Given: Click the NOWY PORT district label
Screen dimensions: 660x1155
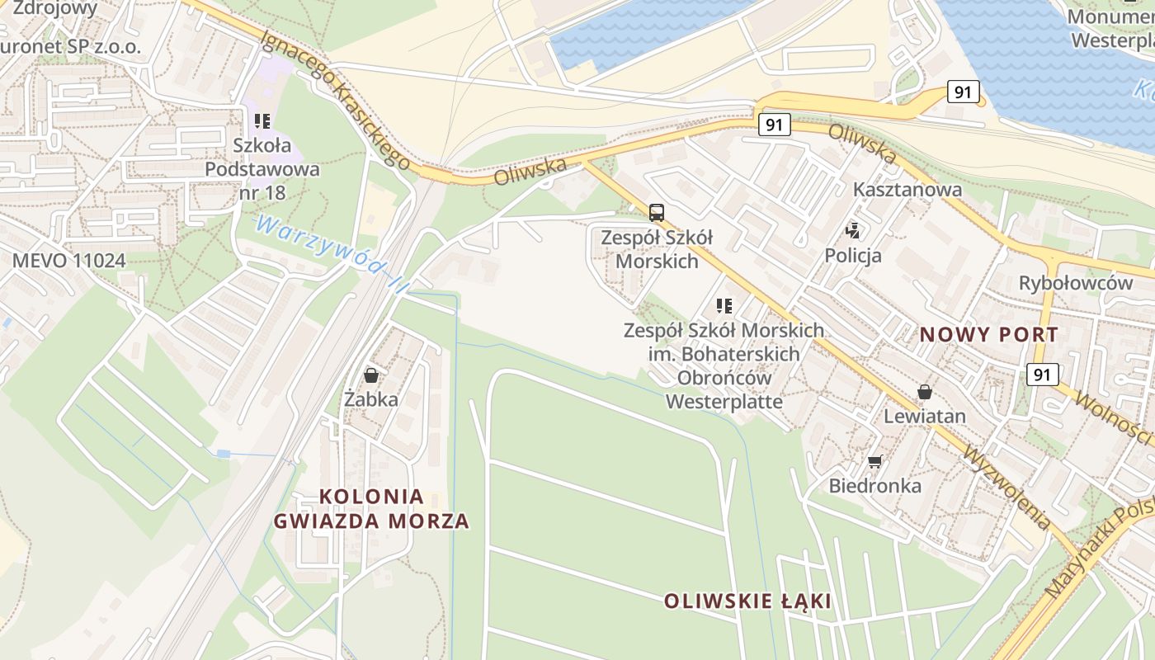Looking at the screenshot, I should pyautogui.click(x=988, y=335).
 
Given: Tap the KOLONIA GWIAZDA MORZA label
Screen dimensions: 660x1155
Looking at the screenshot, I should pyautogui.click(x=371, y=509).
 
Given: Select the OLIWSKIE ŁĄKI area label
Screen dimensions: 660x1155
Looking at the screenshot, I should pyautogui.click(x=747, y=601).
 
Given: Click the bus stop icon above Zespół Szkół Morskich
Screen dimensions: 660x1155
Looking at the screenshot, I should pyautogui.click(x=657, y=213).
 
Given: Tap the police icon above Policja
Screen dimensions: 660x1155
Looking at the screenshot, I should pyautogui.click(x=853, y=231).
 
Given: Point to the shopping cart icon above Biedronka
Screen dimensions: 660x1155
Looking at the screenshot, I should pyautogui.click(x=874, y=461).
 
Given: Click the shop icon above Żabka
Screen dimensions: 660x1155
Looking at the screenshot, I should pyautogui.click(x=371, y=375).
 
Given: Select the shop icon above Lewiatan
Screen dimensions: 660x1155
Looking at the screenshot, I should pyautogui.click(x=924, y=391).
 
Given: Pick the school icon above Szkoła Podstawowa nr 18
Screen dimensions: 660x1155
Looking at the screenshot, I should pyautogui.click(x=262, y=121).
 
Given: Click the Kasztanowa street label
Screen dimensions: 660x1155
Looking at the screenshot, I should pyautogui.click(x=907, y=189).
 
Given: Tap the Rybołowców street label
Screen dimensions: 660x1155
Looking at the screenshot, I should pyautogui.click(x=1075, y=283).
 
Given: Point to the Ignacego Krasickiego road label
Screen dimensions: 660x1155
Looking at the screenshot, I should pyautogui.click(x=334, y=100).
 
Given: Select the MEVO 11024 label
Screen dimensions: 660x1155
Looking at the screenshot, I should pyautogui.click(x=68, y=261).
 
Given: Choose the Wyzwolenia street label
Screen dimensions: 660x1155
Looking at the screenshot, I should pyautogui.click(x=1007, y=488).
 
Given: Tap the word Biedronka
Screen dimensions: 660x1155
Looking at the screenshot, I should pyautogui.click(x=874, y=485).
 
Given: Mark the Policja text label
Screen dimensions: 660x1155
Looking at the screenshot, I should pyautogui.click(x=853, y=255).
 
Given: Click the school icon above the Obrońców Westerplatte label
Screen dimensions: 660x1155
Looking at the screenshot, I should pyautogui.click(x=724, y=306).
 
